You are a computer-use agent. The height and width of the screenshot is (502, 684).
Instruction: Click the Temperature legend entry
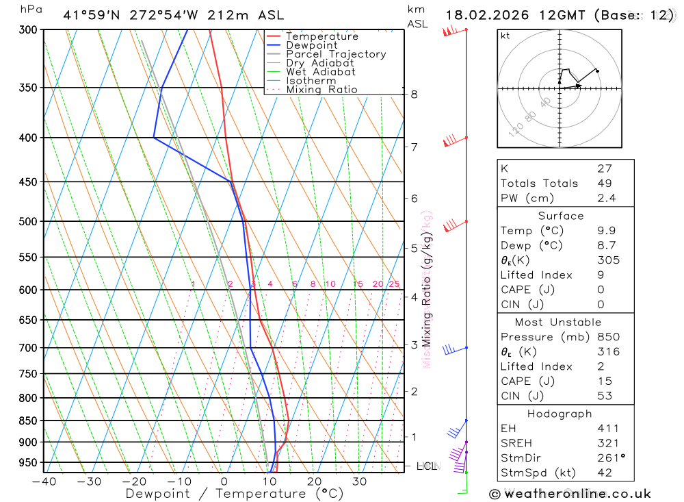tap(321, 36)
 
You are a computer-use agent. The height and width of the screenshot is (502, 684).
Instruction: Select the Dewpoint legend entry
tap(311, 45)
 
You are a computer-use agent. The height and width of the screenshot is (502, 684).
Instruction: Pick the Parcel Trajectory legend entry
tap(336, 54)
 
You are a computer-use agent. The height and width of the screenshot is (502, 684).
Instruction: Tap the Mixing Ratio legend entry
tap(321, 90)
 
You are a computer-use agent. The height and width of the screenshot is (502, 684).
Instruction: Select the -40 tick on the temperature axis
tap(43, 481)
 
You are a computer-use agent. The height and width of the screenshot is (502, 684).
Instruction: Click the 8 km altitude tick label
tap(414, 95)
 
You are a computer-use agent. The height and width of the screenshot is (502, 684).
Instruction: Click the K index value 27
tap(604, 168)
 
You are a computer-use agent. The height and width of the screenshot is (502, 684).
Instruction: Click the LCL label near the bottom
tap(427, 467)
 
